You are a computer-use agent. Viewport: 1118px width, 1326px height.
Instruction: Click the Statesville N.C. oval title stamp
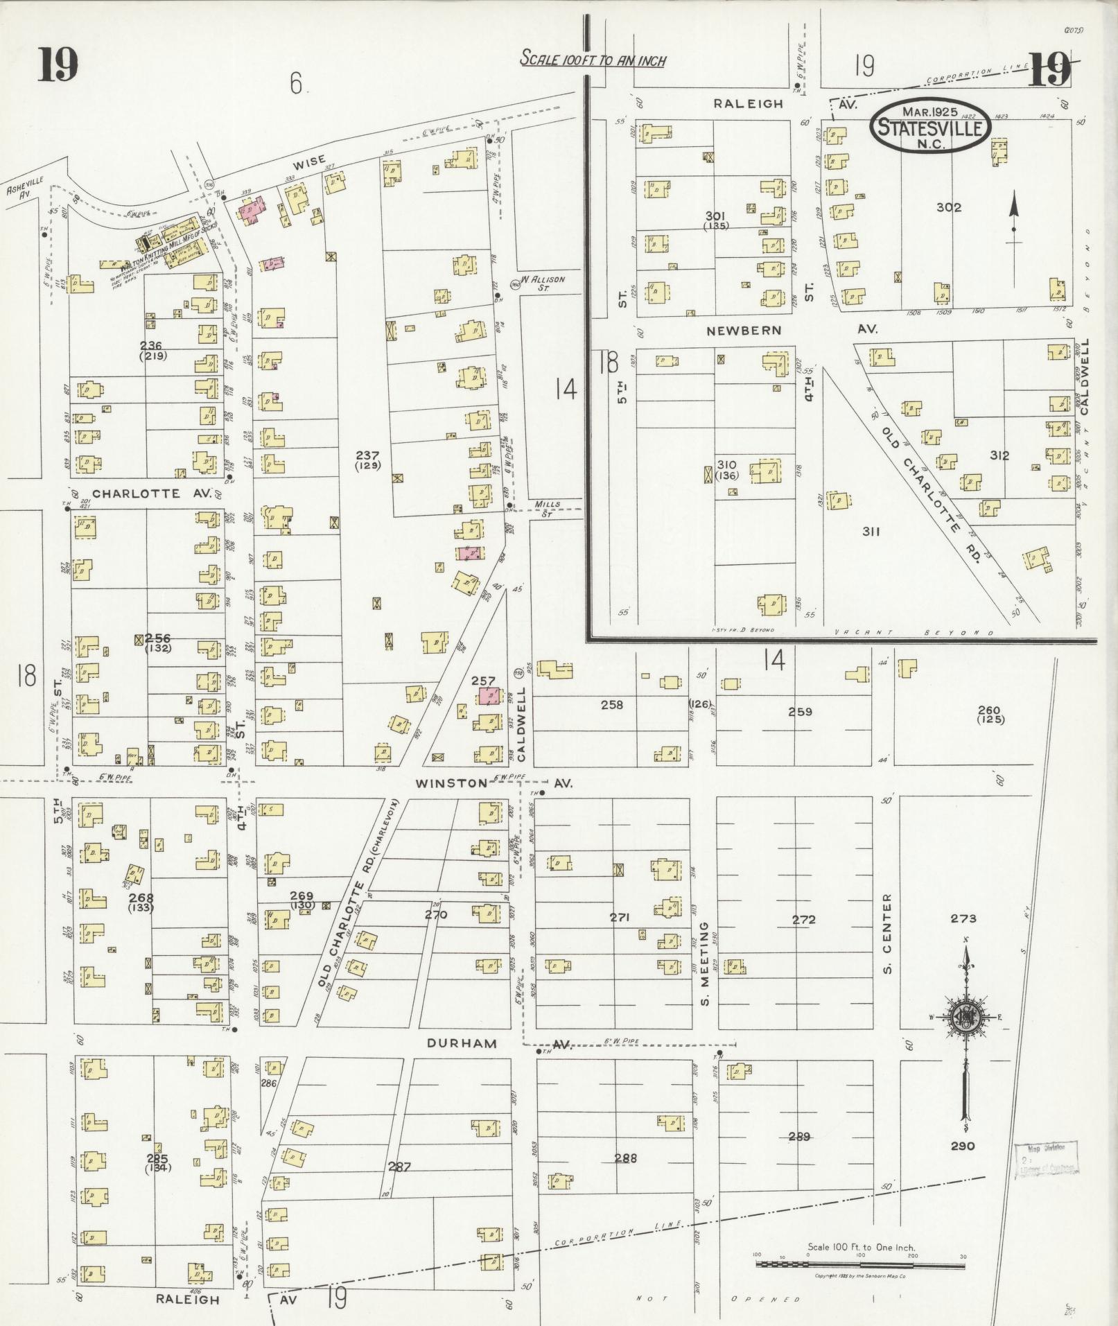(929, 126)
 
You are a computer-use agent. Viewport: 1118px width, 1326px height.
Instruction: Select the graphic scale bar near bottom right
(860, 1265)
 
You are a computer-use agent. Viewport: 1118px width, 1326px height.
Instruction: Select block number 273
(963, 918)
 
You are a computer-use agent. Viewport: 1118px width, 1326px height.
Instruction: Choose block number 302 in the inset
(948, 207)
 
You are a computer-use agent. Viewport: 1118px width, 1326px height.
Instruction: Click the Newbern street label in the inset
(744, 331)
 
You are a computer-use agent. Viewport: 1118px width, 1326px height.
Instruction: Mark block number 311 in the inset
(871, 532)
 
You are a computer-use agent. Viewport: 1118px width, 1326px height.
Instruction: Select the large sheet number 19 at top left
(58, 66)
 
